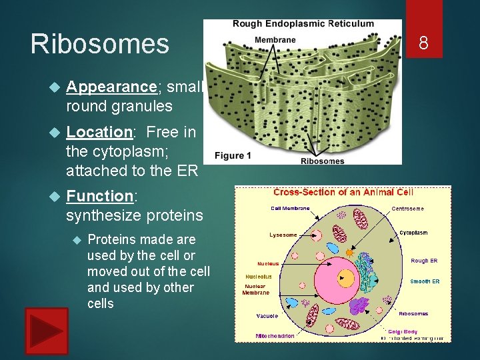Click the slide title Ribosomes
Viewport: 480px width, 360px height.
point(100,44)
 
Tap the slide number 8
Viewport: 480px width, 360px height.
point(423,44)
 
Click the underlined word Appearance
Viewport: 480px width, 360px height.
point(111,87)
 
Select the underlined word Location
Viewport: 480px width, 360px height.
point(100,132)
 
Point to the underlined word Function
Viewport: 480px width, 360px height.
point(101,196)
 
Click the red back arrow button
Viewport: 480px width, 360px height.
point(47,331)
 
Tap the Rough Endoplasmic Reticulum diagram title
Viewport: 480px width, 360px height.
point(303,24)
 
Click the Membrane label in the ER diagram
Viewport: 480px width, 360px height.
point(275,40)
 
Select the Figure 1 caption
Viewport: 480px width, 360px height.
point(233,155)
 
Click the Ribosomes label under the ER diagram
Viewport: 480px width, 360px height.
point(323,161)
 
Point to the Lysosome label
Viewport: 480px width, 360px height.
point(283,235)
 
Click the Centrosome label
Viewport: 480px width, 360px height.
point(407,209)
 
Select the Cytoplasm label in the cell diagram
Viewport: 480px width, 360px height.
point(413,233)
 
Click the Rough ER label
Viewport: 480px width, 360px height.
point(424,261)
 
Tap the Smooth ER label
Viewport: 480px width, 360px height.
point(425,281)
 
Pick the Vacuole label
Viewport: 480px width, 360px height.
point(267,316)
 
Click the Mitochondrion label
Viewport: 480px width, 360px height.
point(275,336)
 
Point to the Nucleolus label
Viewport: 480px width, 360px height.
point(259,277)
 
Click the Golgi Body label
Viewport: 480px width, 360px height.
point(402,331)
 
